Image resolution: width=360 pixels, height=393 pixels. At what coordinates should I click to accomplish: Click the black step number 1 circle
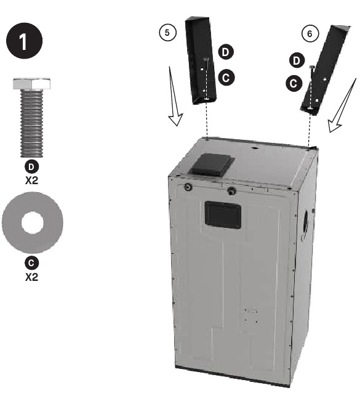[24, 41]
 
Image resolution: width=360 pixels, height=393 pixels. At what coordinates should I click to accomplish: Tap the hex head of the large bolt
[32, 84]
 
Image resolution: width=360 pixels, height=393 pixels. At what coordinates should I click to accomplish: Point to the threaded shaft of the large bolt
[32, 123]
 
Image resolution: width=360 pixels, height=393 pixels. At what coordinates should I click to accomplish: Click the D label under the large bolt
[32, 167]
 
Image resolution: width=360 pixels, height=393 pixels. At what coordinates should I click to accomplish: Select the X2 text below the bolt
[32, 180]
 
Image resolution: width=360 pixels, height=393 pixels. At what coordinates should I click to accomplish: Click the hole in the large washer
[33, 222]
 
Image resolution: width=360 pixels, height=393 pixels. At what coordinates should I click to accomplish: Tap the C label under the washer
[32, 263]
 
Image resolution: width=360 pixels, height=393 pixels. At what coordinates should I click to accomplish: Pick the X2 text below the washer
[32, 277]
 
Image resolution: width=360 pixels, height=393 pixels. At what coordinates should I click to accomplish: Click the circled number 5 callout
[168, 33]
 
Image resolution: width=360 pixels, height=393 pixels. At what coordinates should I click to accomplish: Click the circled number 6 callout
[310, 34]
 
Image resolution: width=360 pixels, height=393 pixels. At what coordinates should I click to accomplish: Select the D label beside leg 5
[226, 52]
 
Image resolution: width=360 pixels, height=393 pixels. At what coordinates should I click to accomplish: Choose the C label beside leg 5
[226, 78]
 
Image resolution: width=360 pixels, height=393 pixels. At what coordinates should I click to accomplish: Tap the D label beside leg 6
[297, 60]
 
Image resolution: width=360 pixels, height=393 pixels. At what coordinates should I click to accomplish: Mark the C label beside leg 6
[294, 83]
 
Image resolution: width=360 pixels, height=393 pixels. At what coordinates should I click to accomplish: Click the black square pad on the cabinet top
[212, 164]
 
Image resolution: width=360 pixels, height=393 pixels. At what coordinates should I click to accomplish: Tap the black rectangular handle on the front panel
[223, 215]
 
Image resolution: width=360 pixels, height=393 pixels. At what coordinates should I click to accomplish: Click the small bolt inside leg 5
[207, 60]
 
